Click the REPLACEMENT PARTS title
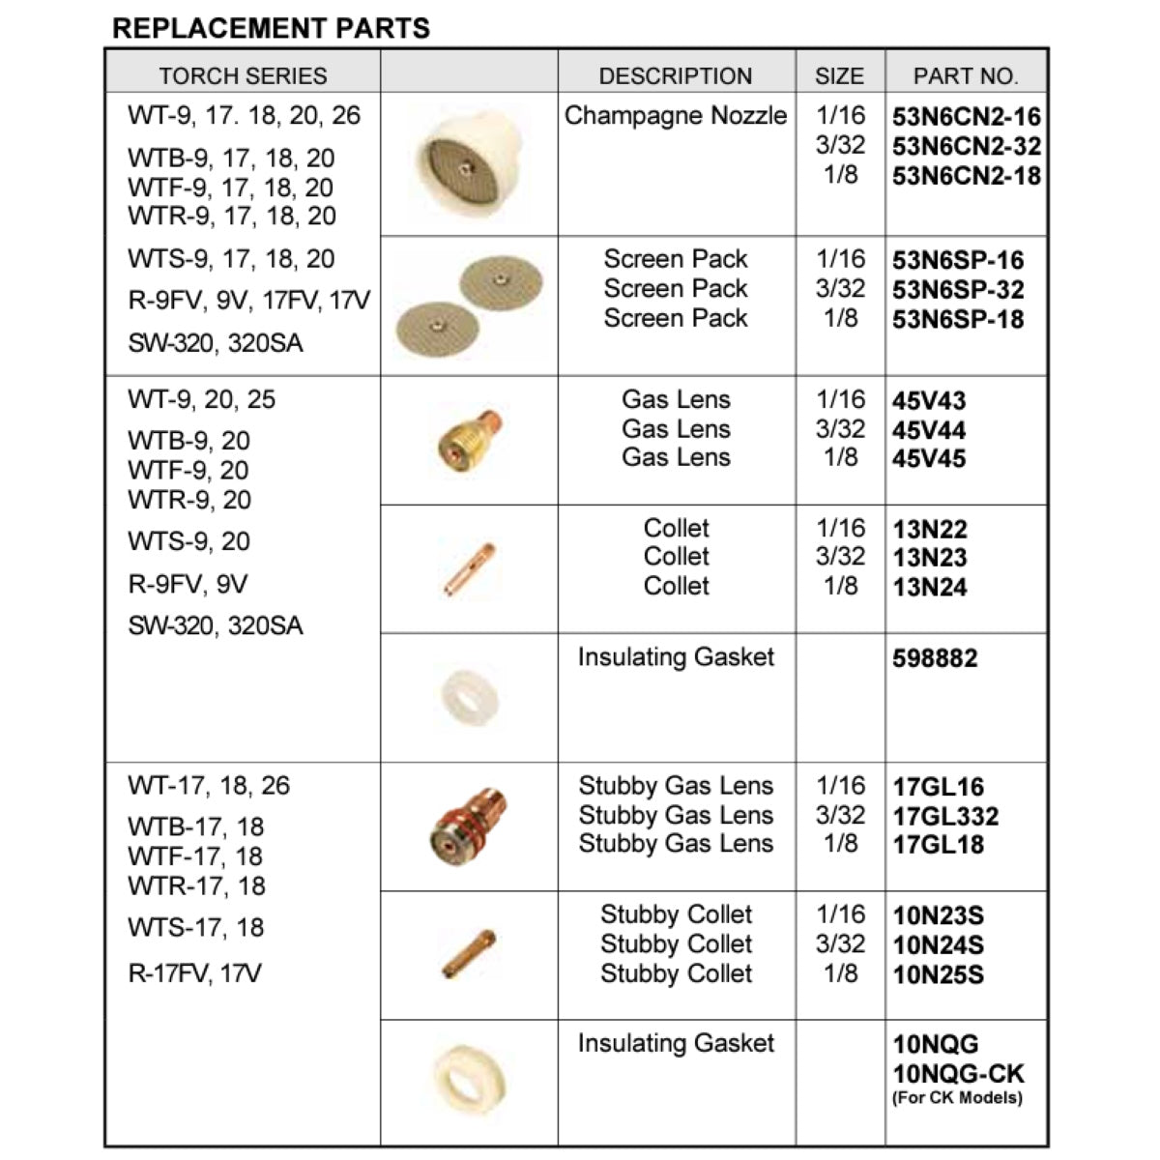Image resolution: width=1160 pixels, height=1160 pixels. point(271,27)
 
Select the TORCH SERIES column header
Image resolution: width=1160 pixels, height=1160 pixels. point(243,75)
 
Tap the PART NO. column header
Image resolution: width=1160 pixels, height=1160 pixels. point(965,75)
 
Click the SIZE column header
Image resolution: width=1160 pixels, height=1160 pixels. point(839,75)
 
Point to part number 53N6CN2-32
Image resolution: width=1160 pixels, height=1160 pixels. point(966,146)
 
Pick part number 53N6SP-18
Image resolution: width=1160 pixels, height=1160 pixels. point(957,319)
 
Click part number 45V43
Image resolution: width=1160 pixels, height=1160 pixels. point(929,400)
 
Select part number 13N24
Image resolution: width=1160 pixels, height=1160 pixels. point(929,587)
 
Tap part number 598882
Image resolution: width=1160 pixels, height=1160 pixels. point(935,658)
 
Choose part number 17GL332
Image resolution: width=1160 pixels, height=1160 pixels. point(945,816)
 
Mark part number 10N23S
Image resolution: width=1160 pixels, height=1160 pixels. point(938,915)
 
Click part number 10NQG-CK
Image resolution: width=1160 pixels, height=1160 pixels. point(958,1073)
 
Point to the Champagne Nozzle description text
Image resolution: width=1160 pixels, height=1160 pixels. point(676,116)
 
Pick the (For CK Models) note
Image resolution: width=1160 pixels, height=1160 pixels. point(957,1097)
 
